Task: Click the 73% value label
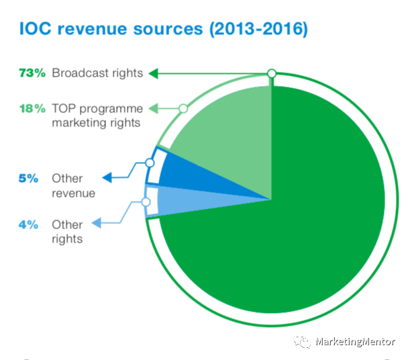pyautogui.click(x=32, y=73)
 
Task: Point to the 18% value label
pyautogui.click(x=32, y=109)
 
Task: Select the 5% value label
pyautogui.click(x=28, y=179)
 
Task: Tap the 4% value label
pyautogui.click(x=28, y=224)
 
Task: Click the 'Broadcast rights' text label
pyautogui.click(x=97, y=73)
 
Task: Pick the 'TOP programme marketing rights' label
pyautogui.click(x=97, y=116)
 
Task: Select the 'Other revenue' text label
pyautogui.click(x=73, y=185)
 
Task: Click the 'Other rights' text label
pyautogui.click(x=67, y=231)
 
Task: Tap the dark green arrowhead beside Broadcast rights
pyautogui.click(x=153, y=73)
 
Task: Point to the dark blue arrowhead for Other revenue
pyautogui.click(x=106, y=178)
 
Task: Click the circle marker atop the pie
pyautogui.click(x=272, y=73)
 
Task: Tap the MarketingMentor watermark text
pyautogui.click(x=355, y=342)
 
